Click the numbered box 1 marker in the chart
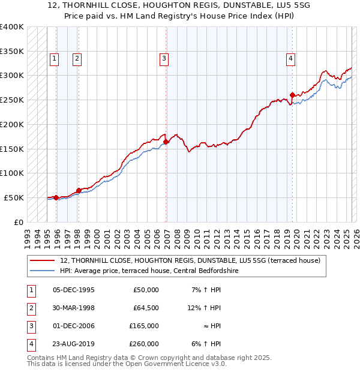coord(55,58)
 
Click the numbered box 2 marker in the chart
coord(77,58)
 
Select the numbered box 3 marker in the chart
coord(164,58)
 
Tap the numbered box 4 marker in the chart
coord(290,58)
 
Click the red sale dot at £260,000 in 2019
coord(292,95)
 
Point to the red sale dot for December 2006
coord(166,142)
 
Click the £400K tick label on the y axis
coord(11,27)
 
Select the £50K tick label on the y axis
coord(14,197)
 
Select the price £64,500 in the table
coord(145,308)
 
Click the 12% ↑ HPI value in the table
coord(203,308)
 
